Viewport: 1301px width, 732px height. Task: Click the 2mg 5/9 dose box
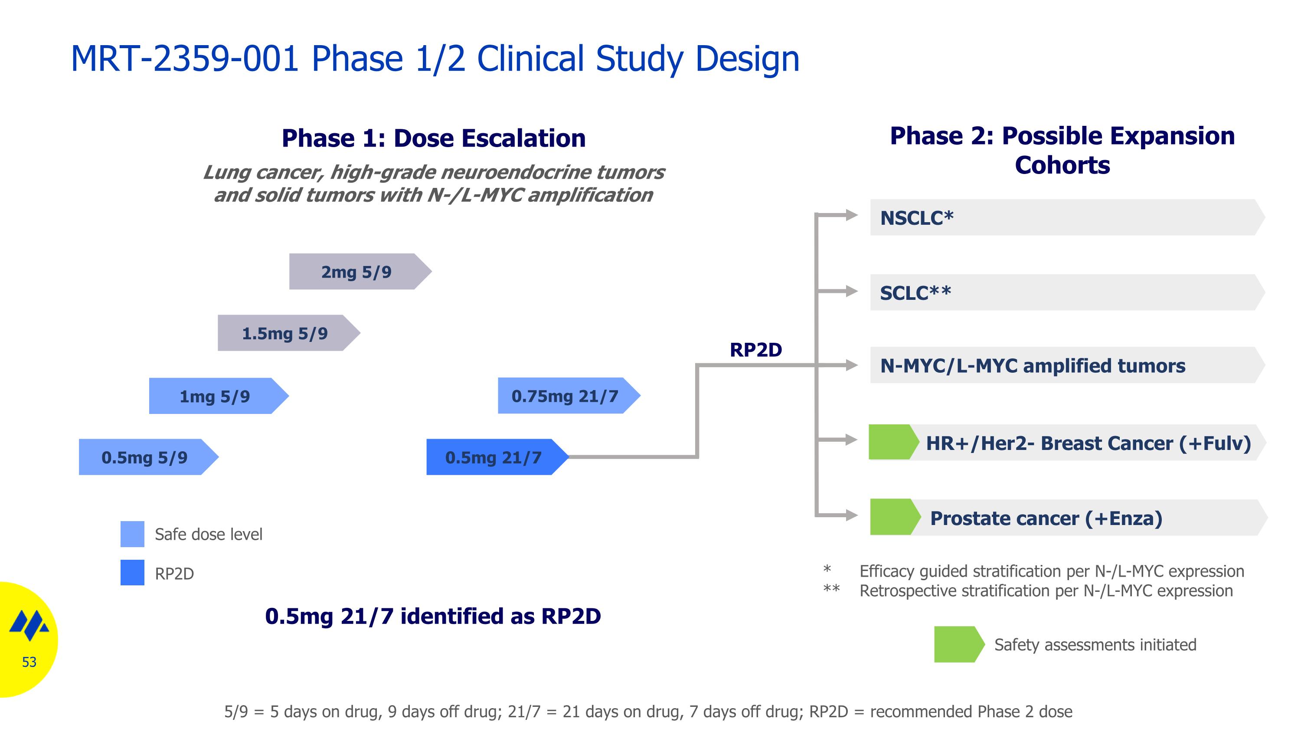[356, 272]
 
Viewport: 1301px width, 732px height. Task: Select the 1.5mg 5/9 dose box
[285, 333]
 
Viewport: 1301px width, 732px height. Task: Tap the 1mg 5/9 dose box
[215, 396]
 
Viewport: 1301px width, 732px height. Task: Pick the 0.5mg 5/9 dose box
[145, 457]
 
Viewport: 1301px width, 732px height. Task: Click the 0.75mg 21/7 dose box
[565, 396]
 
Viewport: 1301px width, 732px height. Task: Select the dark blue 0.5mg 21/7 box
[494, 457]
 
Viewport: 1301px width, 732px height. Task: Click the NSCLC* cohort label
[917, 218]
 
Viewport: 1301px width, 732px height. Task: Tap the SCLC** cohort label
[915, 293]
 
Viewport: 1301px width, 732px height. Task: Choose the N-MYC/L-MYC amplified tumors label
[1032, 365]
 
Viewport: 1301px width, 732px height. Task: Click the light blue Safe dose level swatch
[132, 534]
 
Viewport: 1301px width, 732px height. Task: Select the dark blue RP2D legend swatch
[132, 572]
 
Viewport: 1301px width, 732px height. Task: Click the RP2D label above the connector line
[755, 350]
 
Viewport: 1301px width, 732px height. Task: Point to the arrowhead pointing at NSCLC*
[852, 215]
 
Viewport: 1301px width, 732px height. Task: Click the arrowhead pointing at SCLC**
[852, 291]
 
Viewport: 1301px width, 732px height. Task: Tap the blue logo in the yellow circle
[29, 625]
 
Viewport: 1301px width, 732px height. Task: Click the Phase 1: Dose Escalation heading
[433, 138]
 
